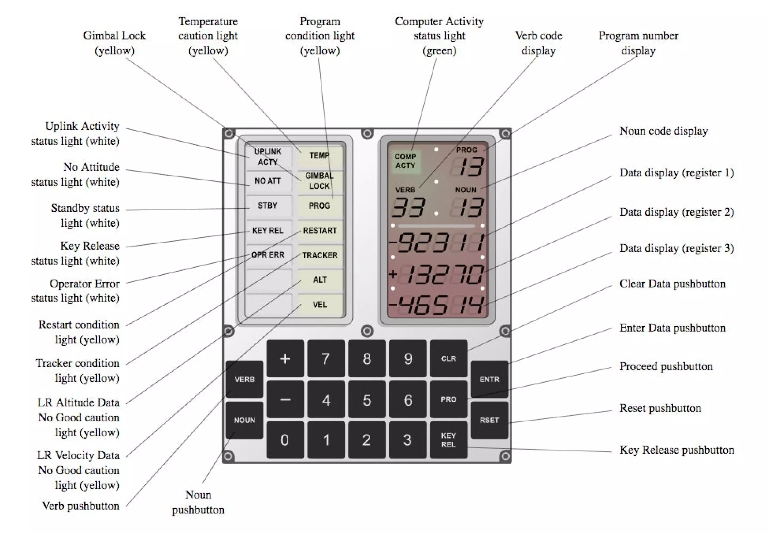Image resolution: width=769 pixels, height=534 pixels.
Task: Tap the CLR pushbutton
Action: click(x=448, y=358)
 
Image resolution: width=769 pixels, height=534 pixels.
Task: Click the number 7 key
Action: click(x=326, y=358)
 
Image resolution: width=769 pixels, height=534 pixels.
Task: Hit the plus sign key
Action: click(x=285, y=358)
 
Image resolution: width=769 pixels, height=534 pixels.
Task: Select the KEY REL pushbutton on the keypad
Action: click(x=448, y=440)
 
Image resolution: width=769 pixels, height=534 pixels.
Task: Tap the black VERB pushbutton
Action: click(x=244, y=379)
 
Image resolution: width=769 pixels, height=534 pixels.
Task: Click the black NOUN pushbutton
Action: click(x=244, y=420)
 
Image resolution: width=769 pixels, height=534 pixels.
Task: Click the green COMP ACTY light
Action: click(x=405, y=161)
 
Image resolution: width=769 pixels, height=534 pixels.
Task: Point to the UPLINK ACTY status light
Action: click(x=268, y=157)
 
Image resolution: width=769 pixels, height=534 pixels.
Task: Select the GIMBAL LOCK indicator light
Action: click(x=319, y=181)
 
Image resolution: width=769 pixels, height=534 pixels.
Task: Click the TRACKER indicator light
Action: click(x=320, y=255)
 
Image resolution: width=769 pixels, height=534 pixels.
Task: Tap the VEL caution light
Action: click(x=320, y=304)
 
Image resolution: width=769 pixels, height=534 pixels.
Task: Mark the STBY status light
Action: click(x=268, y=205)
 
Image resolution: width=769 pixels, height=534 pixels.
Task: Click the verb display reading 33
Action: click(x=409, y=207)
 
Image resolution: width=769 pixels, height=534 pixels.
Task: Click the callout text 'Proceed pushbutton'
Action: click(x=666, y=366)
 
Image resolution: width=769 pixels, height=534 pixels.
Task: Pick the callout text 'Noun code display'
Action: click(x=663, y=131)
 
